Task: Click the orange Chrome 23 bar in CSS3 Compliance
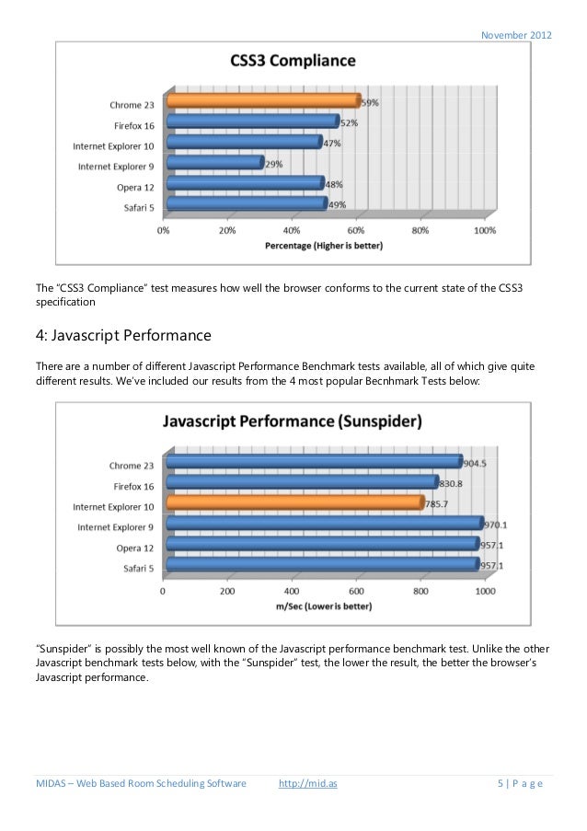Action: click(262, 101)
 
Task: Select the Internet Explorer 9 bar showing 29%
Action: click(213, 163)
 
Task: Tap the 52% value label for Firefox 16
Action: click(350, 122)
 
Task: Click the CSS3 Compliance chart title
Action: click(293, 62)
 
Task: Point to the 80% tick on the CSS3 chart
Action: click(420, 231)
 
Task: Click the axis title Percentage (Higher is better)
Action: click(324, 246)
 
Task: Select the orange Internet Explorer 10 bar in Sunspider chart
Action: click(294, 503)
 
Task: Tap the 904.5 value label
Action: click(476, 463)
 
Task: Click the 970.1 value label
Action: click(497, 525)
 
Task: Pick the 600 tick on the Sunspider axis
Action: click(357, 591)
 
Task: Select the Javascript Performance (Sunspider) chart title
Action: click(293, 422)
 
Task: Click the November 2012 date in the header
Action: click(517, 35)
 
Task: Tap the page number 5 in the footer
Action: click(500, 784)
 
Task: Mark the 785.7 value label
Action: click(437, 504)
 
